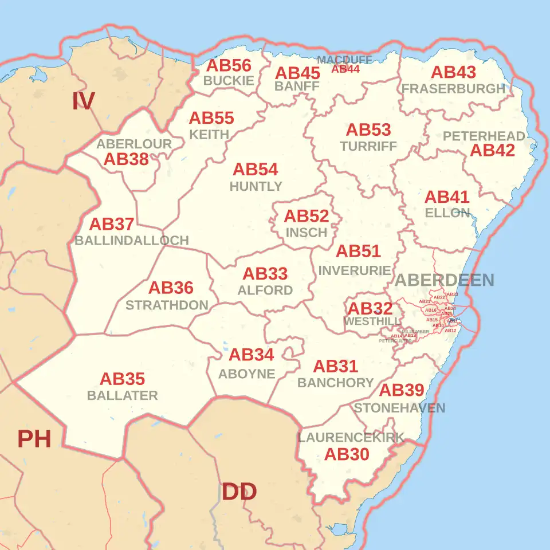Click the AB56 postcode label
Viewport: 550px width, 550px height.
[229, 65]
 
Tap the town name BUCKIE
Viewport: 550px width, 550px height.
[229, 81]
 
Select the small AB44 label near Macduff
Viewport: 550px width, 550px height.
[345, 69]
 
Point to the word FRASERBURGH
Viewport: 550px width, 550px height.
[453, 89]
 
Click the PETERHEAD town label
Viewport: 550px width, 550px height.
[484, 136]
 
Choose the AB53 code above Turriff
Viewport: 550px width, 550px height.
[368, 130]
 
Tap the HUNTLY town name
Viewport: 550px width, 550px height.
[256, 186]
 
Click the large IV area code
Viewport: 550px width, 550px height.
[83, 101]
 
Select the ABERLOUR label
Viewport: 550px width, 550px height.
[134, 144]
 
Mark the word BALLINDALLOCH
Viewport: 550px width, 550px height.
[132, 241]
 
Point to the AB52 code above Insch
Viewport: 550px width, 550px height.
[307, 216]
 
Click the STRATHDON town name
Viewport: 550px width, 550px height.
[167, 305]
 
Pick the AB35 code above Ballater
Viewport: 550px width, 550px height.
[122, 379]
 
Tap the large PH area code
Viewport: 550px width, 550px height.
[34, 439]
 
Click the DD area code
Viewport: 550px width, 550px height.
[239, 492]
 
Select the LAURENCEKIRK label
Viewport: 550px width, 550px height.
[351, 438]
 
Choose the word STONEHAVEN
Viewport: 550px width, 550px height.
[399, 408]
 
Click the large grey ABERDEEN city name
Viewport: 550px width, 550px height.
[444, 280]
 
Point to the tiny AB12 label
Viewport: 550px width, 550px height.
[450, 331]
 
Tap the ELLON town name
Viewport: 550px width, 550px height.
[447, 213]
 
